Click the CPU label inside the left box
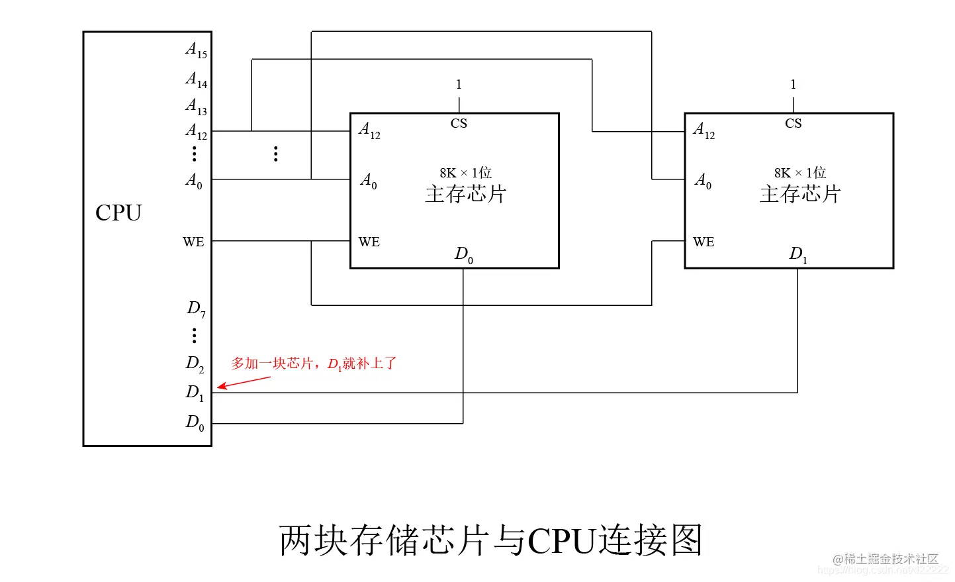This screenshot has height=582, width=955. (118, 213)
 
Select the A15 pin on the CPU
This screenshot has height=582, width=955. (196, 50)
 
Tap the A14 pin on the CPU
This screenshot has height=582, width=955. (196, 80)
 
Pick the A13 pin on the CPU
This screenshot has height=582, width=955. (196, 106)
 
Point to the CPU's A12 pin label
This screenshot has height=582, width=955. (196, 131)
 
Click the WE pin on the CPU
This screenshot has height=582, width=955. (193, 242)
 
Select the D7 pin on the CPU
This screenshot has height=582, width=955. (196, 309)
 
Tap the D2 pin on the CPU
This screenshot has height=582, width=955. (195, 364)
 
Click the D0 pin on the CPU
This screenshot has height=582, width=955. (195, 422)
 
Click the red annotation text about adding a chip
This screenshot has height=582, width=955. (314, 364)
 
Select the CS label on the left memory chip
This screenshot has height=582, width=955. (459, 124)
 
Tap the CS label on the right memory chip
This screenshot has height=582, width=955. (793, 124)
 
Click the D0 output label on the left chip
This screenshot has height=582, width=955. (463, 254)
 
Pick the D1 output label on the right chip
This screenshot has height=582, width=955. (797, 254)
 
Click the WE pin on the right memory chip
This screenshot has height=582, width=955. (704, 242)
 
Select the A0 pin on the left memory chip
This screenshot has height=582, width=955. (369, 180)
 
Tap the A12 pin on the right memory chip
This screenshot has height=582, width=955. (704, 130)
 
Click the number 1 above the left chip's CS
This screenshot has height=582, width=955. (459, 85)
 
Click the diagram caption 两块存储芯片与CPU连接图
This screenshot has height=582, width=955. (490, 540)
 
